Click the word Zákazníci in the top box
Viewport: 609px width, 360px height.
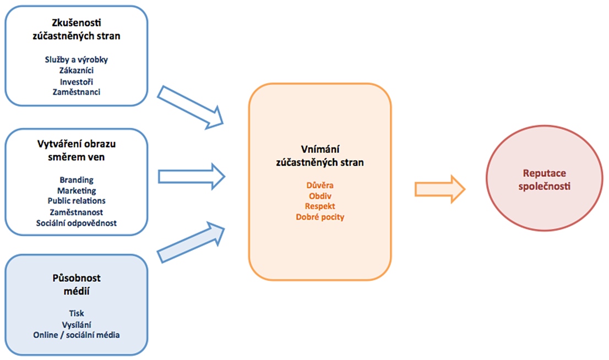click(76, 70)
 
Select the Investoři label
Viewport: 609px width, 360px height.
click(76, 81)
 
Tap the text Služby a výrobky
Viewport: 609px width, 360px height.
click(76, 60)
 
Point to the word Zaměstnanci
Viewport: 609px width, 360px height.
click(76, 92)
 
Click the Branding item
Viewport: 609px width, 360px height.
click(77, 180)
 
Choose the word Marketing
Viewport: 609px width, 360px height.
click(77, 190)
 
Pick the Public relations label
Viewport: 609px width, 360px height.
click(77, 201)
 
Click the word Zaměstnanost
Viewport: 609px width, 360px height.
click(77, 212)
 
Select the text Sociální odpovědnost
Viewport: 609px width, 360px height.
click(77, 223)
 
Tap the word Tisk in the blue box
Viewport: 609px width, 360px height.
click(77, 313)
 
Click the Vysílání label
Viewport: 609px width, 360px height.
click(77, 324)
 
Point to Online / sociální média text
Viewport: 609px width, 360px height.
click(77, 335)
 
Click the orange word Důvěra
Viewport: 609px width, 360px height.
click(320, 185)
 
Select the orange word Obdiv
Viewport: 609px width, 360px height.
click(320, 195)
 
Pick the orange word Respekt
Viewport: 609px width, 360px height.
click(320, 206)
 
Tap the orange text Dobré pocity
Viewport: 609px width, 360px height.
click(320, 217)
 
